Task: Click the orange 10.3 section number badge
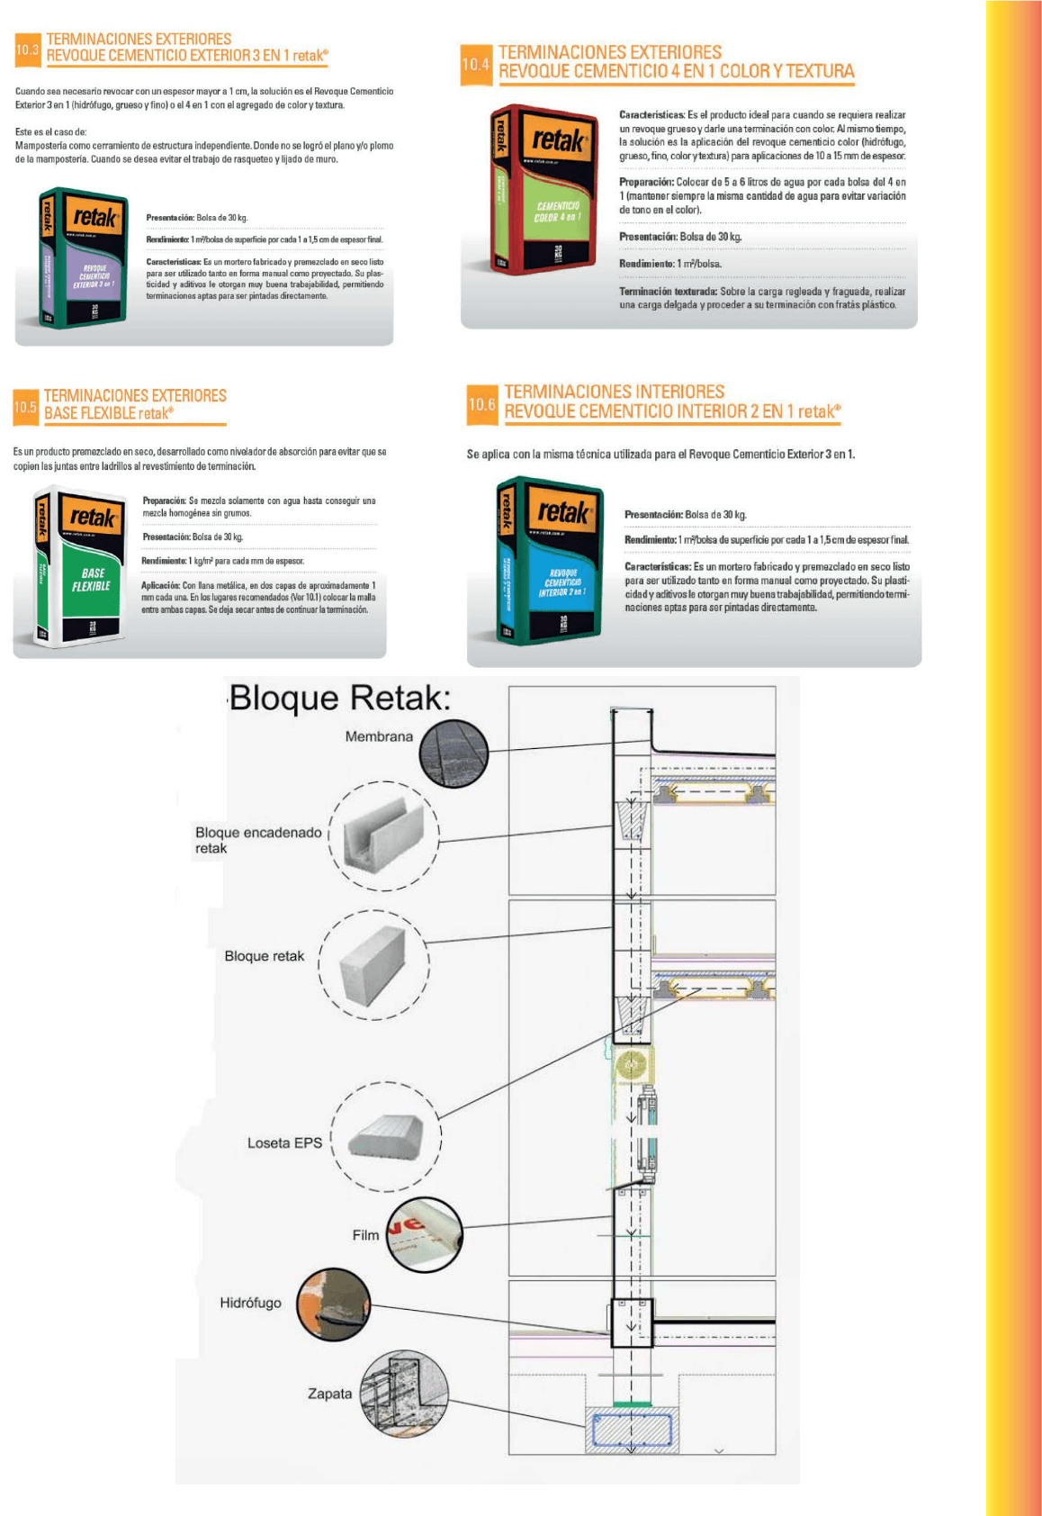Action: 27,50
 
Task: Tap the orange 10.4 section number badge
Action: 475,65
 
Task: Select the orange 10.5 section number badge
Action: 25,407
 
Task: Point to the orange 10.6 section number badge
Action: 481,405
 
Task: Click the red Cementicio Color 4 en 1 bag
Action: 543,189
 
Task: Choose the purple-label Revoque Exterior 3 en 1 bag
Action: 83,258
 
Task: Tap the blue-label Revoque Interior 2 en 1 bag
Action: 550,560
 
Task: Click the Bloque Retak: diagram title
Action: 340,698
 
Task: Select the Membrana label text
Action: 379,736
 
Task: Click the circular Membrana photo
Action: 454,752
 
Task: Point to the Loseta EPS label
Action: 284,1142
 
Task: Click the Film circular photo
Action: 424,1233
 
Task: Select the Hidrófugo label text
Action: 250,1303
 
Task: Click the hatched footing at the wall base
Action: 632,1430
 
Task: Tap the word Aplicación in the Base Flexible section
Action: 161,585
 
